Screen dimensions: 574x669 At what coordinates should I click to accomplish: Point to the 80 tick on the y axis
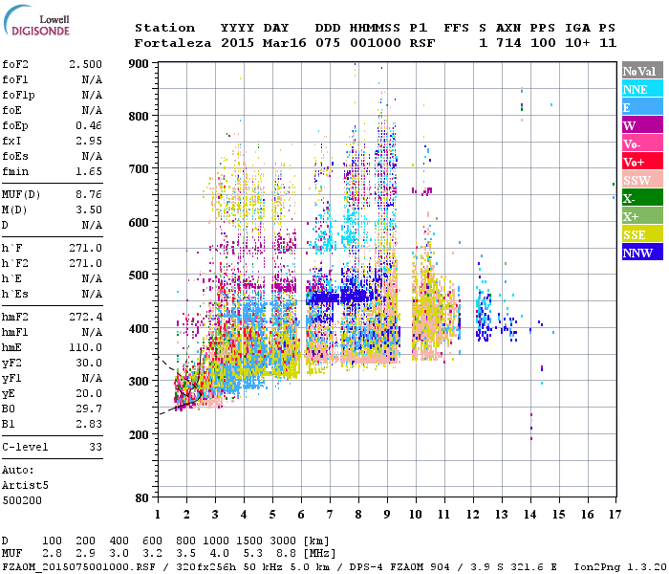[x=143, y=498]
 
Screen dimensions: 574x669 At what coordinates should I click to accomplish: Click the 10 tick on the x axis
[x=416, y=515]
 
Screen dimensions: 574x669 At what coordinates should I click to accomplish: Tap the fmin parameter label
[x=15, y=171]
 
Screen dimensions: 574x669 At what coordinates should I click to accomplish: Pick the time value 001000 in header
[x=376, y=43]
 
